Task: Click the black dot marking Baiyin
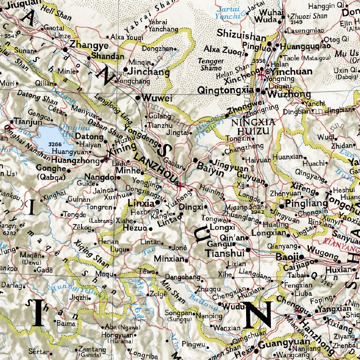point(195,160)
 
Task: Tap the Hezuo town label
point(134,228)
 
